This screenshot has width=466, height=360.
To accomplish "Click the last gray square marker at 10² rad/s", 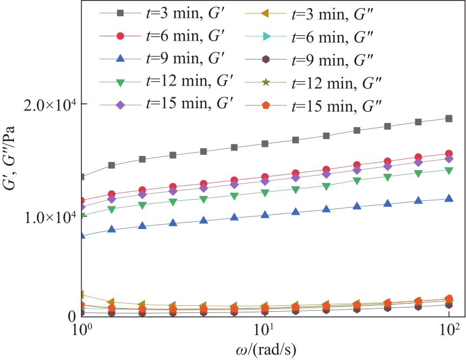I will [x=449, y=119].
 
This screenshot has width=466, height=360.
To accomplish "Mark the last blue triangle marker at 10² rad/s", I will [x=449, y=199].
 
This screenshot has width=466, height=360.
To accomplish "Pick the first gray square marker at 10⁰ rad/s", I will [x=81, y=177].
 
